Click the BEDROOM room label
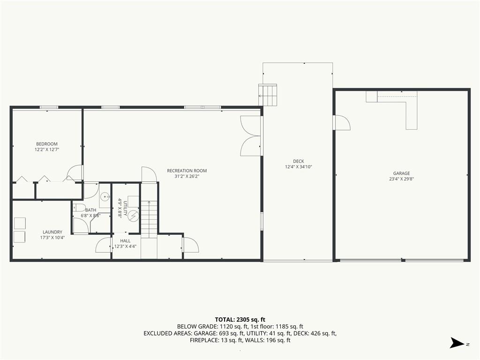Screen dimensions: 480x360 [x=47, y=144]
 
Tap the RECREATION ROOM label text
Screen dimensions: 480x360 [x=187, y=171]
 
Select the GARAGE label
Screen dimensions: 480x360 [x=401, y=173]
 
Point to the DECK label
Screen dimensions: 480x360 [x=299, y=161]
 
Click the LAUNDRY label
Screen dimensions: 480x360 [x=52, y=232]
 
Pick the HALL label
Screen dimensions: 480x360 [x=125, y=241]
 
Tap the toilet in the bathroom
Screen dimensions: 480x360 [x=79, y=208]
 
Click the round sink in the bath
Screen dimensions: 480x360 [x=105, y=196]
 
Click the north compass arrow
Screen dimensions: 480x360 [x=457, y=343]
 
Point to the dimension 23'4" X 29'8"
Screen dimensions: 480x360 [x=401, y=179]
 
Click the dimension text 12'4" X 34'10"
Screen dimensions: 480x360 [x=299, y=167]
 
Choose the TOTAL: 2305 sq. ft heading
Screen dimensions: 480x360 [x=240, y=320]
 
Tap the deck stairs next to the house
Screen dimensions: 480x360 [x=268, y=95]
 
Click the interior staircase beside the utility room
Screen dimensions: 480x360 [x=149, y=219]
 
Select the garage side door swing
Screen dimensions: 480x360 [x=342, y=122]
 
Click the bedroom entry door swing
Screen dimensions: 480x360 [x=75, y=172]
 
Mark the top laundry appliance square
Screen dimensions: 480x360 [x=20, y=223]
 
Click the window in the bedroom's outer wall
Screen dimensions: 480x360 [x=49, y=107]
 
